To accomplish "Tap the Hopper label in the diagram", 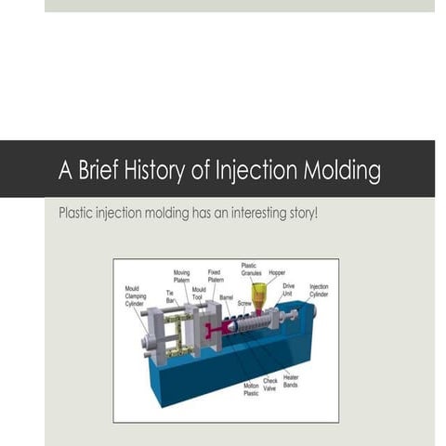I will pos(277,273).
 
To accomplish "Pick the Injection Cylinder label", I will pos(319,291).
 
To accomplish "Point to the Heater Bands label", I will pos(291,382).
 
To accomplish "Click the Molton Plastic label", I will pos(251,389).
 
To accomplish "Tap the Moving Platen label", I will pos(181,277).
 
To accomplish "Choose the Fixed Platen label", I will pos(215,277).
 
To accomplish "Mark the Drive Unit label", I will pos(289,291).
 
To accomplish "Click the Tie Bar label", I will pos(170,297).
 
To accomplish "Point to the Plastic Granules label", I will pos(249,269).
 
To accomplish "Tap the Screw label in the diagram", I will pos(244,303).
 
